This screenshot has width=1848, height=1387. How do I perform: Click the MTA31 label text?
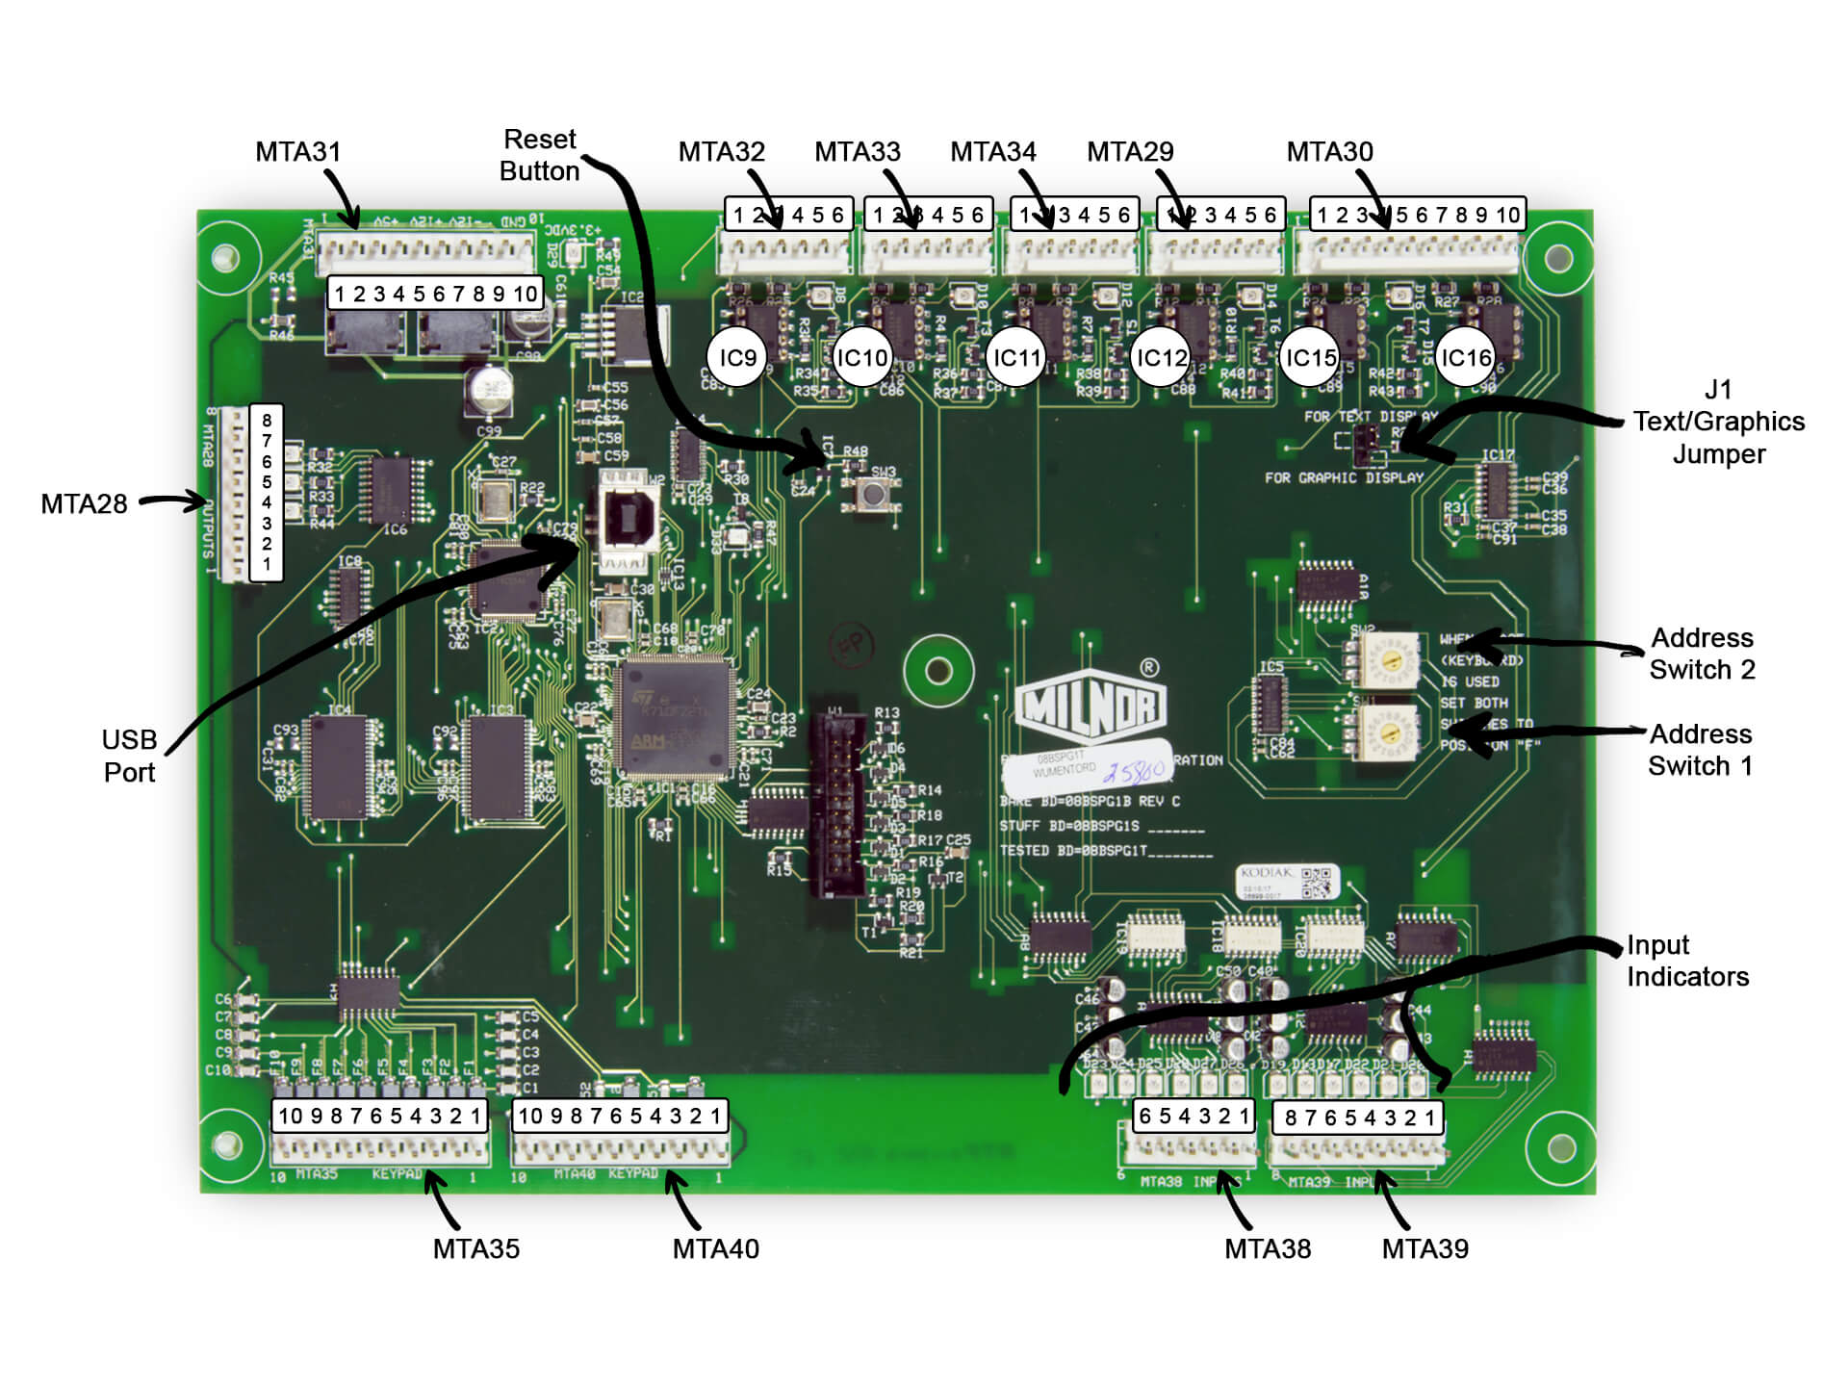(x=297, y=152)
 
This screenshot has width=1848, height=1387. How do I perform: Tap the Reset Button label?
(x=539, y=155)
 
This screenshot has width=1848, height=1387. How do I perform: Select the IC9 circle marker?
(x=737, y=358)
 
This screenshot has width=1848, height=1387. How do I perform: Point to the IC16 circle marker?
(x=1465, y=358)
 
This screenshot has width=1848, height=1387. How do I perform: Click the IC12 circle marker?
(x=1162, y=358)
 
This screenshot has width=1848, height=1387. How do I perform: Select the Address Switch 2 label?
(x=1702, y=654)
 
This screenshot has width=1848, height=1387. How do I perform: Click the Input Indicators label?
(x=1686, y=961)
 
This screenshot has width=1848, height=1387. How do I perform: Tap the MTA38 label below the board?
(x=1267, y=1248)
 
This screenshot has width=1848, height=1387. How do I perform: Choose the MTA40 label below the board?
(x=715, y=1248)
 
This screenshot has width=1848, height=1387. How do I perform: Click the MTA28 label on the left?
(x=84, y=504)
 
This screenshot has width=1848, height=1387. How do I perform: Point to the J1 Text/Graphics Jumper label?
(x=1718, y=422)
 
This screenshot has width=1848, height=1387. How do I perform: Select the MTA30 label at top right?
(x=1329, y=152)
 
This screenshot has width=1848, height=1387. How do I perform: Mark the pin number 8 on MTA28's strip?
(x=267, y=421)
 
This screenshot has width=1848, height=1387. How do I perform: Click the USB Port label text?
(x=129, y=756)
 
